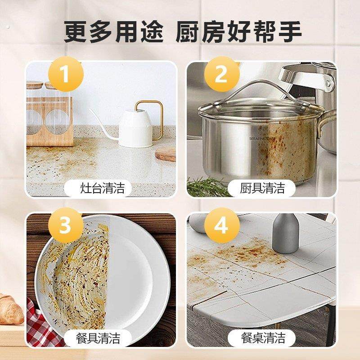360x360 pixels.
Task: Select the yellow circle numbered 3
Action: [x=65, y=225]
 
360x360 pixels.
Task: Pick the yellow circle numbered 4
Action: [x=221, y=225]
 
